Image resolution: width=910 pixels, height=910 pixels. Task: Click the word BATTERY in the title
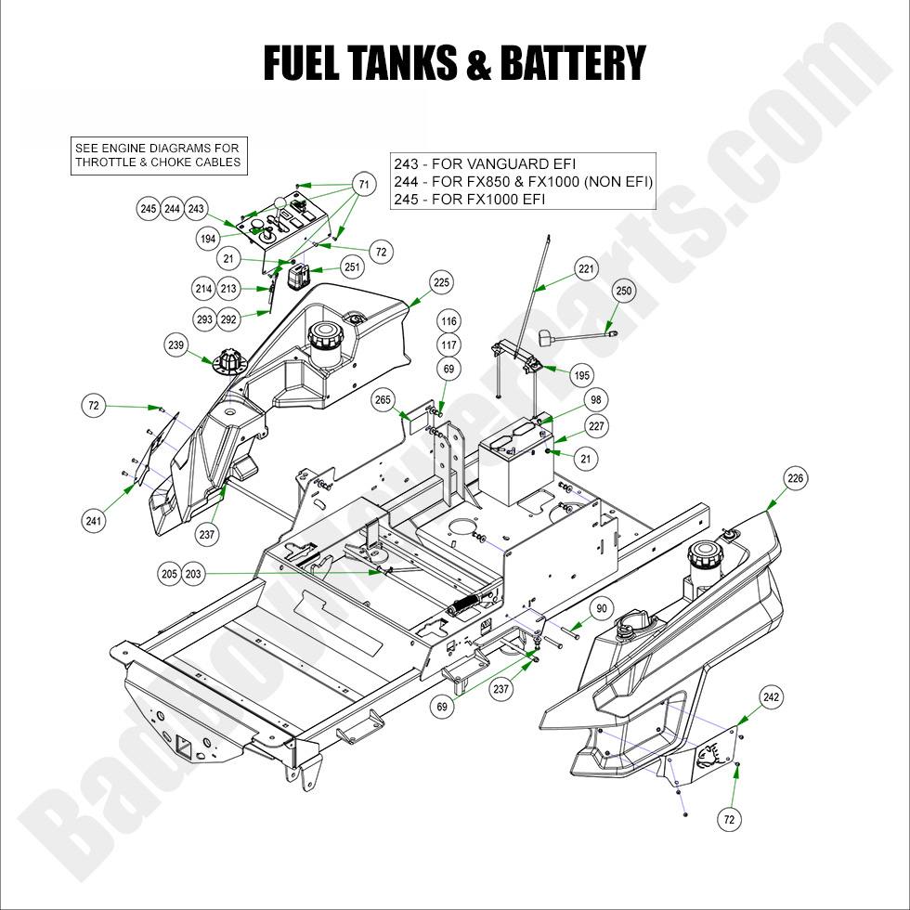572,62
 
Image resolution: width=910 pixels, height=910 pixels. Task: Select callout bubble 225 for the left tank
441,281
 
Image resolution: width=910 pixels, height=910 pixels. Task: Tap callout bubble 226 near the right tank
796,478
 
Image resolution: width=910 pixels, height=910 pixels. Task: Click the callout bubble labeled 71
364,186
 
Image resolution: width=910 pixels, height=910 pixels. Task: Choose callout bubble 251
352,266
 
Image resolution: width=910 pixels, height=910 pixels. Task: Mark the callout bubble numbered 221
586,270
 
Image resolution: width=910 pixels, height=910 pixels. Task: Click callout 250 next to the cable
624,292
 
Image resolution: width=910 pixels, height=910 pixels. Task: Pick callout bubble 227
596,427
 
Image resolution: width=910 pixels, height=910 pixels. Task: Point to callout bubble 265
383,399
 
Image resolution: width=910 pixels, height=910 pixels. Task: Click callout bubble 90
602,608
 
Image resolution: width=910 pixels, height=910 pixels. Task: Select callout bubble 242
772,697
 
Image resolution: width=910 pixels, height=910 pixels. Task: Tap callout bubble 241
93,522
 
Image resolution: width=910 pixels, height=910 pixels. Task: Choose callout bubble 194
207,239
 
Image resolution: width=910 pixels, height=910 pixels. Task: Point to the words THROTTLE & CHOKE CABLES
158,162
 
